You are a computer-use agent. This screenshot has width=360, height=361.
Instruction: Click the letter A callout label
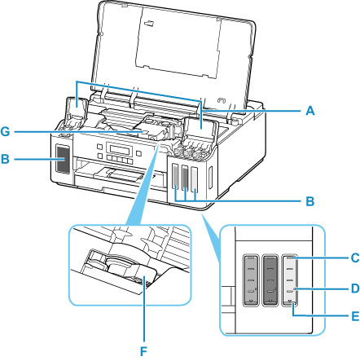[310, 111]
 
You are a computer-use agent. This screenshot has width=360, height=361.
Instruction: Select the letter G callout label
[5, 132]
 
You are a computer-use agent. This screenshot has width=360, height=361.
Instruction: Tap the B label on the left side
[5, 159]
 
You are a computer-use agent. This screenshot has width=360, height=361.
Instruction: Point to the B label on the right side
[310, 201]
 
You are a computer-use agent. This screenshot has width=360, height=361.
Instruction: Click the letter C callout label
[355, 258]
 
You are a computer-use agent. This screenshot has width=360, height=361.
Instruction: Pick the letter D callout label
[355, 288]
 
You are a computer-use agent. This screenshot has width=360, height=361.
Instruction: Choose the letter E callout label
[355, 316]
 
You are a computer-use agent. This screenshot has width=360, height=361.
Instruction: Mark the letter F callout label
[143, 352]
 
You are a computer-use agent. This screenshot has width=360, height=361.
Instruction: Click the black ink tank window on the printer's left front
[63, 159]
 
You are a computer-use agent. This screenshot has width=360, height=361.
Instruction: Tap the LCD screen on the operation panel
[119, 149]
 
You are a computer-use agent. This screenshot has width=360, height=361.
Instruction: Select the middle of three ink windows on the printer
[185, 178]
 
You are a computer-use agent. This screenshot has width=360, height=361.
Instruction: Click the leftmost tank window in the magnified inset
[251, 280]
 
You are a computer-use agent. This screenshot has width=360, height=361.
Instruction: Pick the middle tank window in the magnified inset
[271, 280]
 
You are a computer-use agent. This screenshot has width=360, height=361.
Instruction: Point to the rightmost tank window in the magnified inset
[290, 280]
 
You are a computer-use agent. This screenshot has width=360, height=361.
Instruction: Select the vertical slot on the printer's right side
[210, 179]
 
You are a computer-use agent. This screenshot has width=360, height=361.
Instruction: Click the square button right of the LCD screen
[138, 154]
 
